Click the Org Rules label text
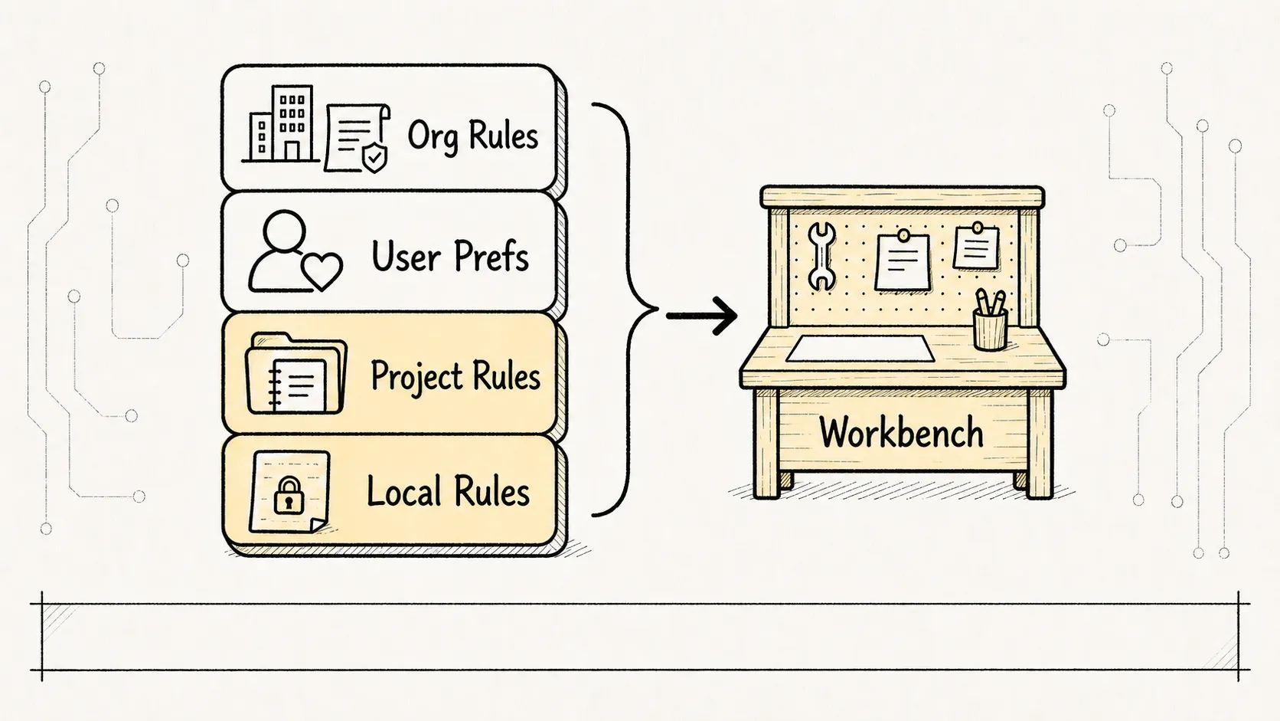(x=472, y=136)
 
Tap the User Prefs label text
(x=449, y=256)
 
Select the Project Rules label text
(x=456, y=378)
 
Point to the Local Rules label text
(x=448, y=491)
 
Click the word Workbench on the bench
(x=901, y=432)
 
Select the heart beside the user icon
(x=322, y=271)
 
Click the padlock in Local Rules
(x=289, y=495)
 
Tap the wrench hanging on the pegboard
(x=822, y=256)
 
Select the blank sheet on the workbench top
(x=860, y=349)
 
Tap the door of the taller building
(x=292, y=151)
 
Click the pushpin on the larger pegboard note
(x=903, y=235)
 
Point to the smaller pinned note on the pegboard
(x=976, y=247)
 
